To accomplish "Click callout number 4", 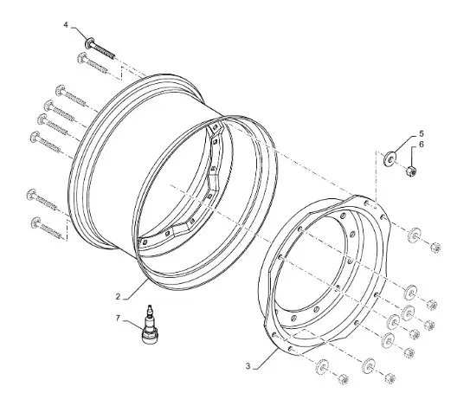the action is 66,25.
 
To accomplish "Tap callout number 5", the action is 422,133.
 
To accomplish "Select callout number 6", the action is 422,145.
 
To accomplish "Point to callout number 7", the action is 118,319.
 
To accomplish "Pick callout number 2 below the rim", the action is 118,297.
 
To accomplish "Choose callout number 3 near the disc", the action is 248,366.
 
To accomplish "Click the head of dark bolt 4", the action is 89,42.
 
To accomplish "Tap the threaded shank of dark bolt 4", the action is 103,50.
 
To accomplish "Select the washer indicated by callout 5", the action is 390,158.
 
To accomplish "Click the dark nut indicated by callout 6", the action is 410,171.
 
